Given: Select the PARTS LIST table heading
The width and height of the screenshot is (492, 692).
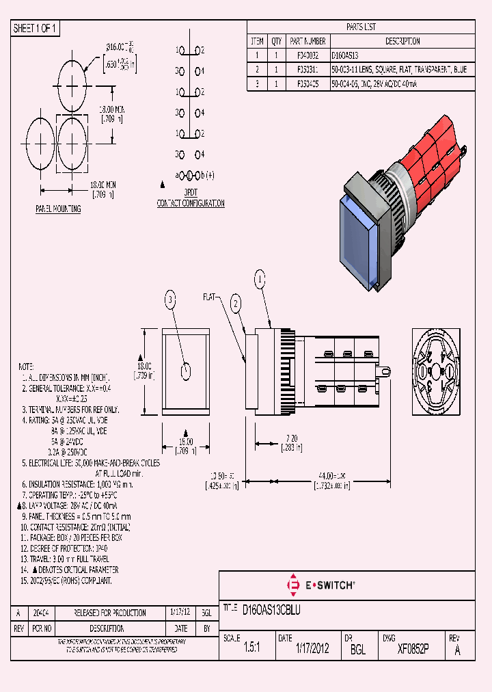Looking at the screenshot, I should point(360,27).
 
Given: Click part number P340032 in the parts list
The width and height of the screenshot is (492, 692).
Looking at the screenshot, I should point(297,55).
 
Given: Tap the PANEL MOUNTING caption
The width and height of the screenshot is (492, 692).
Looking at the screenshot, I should point(58,209).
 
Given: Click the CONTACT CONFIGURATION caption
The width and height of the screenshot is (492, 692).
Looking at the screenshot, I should point(191,203).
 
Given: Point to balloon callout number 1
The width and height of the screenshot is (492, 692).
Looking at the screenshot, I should point(259,278).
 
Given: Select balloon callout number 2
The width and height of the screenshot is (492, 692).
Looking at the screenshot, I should point(236,304).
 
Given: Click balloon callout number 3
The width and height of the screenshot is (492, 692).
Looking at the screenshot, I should point(170,297).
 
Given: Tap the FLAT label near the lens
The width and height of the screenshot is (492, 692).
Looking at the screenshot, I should point(209,297).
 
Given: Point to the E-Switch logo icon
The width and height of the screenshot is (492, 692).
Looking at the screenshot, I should point(295,585).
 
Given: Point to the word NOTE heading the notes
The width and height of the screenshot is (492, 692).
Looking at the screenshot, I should point(26,367).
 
